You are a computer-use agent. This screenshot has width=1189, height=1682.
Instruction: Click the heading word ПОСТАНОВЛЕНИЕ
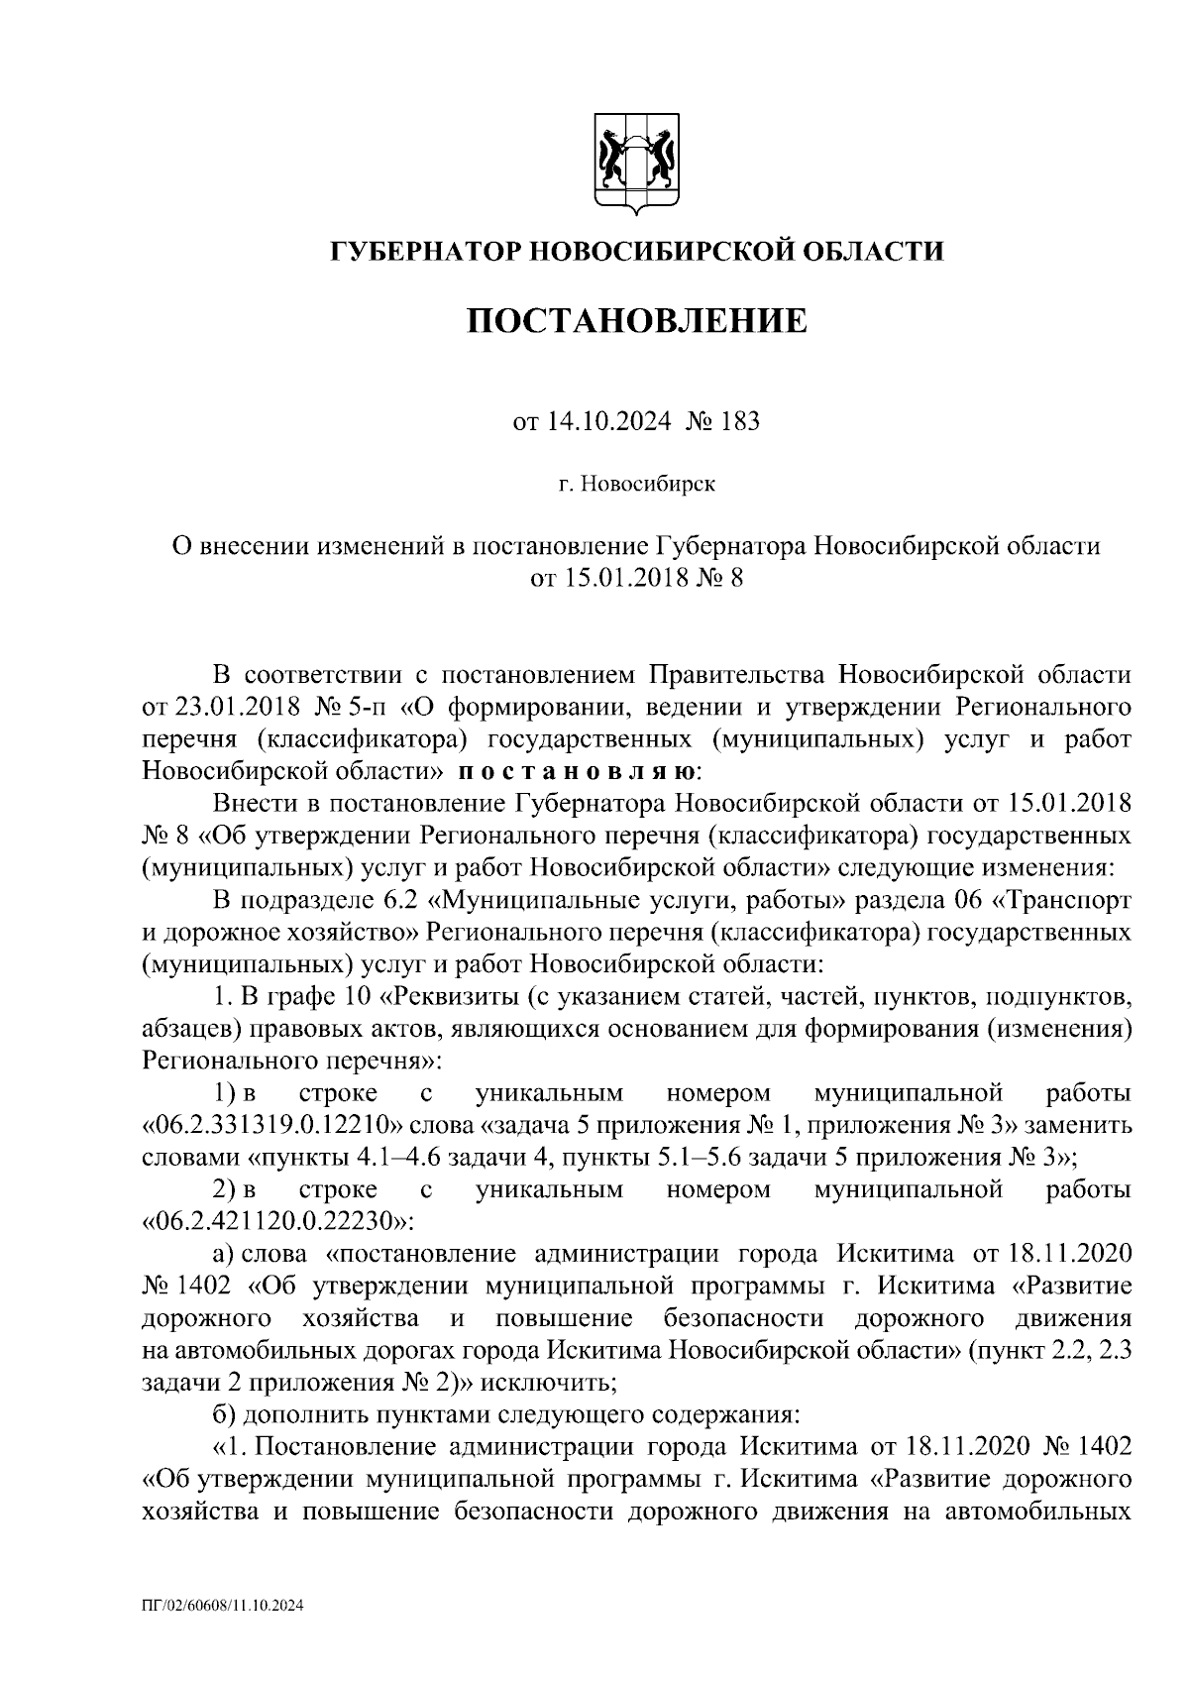(636, 322)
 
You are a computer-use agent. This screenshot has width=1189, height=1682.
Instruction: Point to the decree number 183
(740, 422)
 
